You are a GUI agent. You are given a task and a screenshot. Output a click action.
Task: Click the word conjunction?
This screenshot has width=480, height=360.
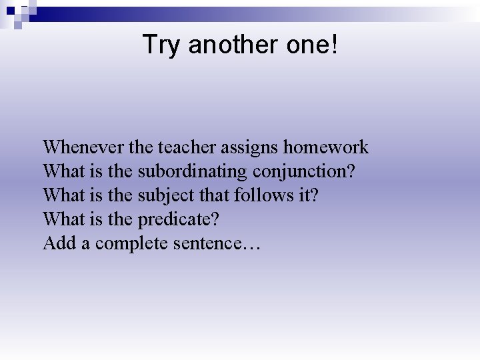(x=303, y=171)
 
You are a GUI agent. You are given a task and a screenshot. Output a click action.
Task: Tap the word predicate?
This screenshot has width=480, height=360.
(x=179, y=219)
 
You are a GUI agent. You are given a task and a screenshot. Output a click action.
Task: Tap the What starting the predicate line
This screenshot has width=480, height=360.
(x=63, y=219)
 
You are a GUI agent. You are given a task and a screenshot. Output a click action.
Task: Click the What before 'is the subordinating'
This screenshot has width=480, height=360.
(x=63, y=171)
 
